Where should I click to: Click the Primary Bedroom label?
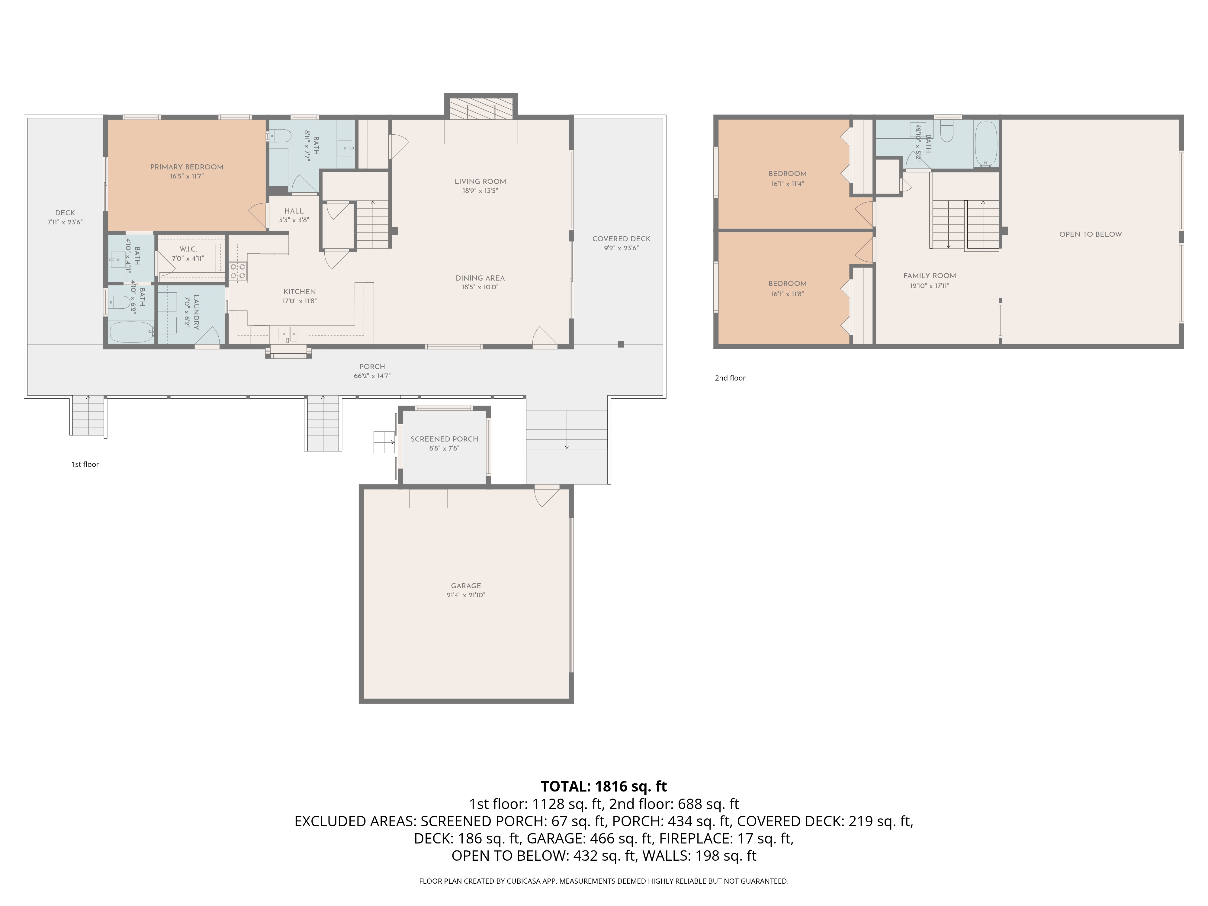(x=187, y=167)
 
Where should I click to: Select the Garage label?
(x=466, y=586)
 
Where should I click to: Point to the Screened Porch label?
(x=444, y=439)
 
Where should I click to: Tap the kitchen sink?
(x=287, y=333)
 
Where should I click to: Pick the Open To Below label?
(x=1090, y=234)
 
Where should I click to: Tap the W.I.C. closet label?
(x=188, y=249)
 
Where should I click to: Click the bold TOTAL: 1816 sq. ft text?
(x=603, y=786)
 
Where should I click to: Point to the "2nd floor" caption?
(x=730, y=378)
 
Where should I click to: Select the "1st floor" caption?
(x=85, y=464)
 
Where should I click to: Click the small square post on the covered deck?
(x=621, y=344)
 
